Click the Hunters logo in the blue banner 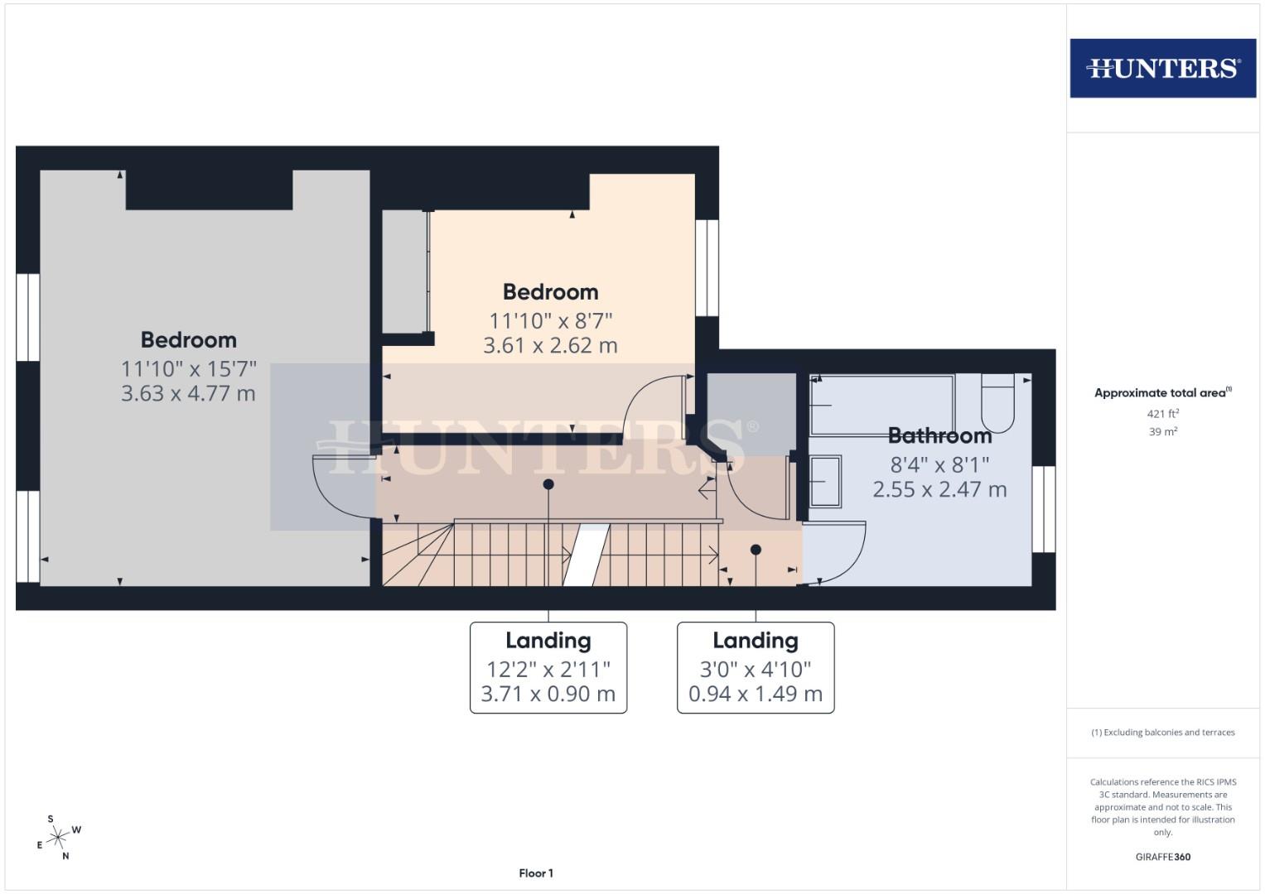pos(1162,68)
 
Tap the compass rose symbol pos(57,838)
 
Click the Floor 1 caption pos(536,873)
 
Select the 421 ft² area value pos(1163,413)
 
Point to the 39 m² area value pos(1163,431)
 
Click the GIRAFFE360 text pos(1162,857)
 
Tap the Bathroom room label pos(939,435)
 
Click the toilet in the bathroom pos(997,403)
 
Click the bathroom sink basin pos(825,481)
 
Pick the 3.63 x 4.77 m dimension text pos(188,393)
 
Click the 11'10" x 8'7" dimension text pos(550,320)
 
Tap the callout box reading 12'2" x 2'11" pos(548,667)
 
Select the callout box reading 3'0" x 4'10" pos(756,667)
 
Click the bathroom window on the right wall pos(1044,509)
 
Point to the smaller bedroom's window pos(707,267)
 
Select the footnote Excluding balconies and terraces pos(1162,733)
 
